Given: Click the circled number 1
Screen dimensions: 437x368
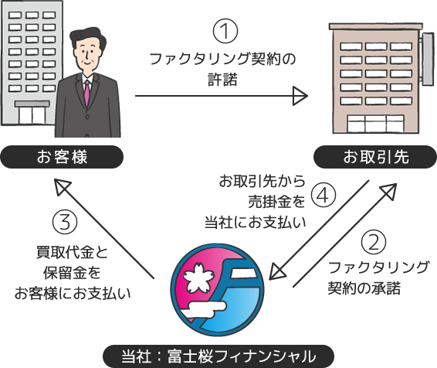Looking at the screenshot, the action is [x=225, y=31].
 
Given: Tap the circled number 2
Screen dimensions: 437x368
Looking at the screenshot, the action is [x=374, y=243].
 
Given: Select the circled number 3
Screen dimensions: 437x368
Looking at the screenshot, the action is [x=65, y=223].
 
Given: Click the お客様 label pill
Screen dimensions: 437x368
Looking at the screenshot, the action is [x=62, y=157].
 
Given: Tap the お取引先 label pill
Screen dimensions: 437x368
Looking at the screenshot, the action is [x=375, y=157].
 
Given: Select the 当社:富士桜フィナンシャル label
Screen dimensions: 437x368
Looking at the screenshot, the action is [x=218, y=356].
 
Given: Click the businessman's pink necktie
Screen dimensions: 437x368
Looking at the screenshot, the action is [x=87, y=93].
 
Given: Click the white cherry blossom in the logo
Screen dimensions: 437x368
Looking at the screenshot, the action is [x=196, y=278].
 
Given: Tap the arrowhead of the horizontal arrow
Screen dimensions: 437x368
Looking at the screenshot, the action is [x=300, y=96].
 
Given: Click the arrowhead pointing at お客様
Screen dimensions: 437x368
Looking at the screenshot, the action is [x=62, y=186].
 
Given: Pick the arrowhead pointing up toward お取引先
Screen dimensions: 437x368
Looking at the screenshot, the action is [x=389, y=191].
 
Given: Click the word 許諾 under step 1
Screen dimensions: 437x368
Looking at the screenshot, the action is [x=222, y=80].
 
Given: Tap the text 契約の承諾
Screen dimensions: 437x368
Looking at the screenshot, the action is [x=364, y=288].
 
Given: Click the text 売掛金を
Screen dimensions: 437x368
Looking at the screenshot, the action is [x=276, y=202].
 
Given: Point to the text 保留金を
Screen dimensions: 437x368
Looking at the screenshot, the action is [x=72, y=272].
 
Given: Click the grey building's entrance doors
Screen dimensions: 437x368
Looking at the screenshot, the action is [x=32, y=114].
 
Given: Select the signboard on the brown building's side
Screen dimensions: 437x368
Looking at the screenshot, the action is [x=429, y=58].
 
